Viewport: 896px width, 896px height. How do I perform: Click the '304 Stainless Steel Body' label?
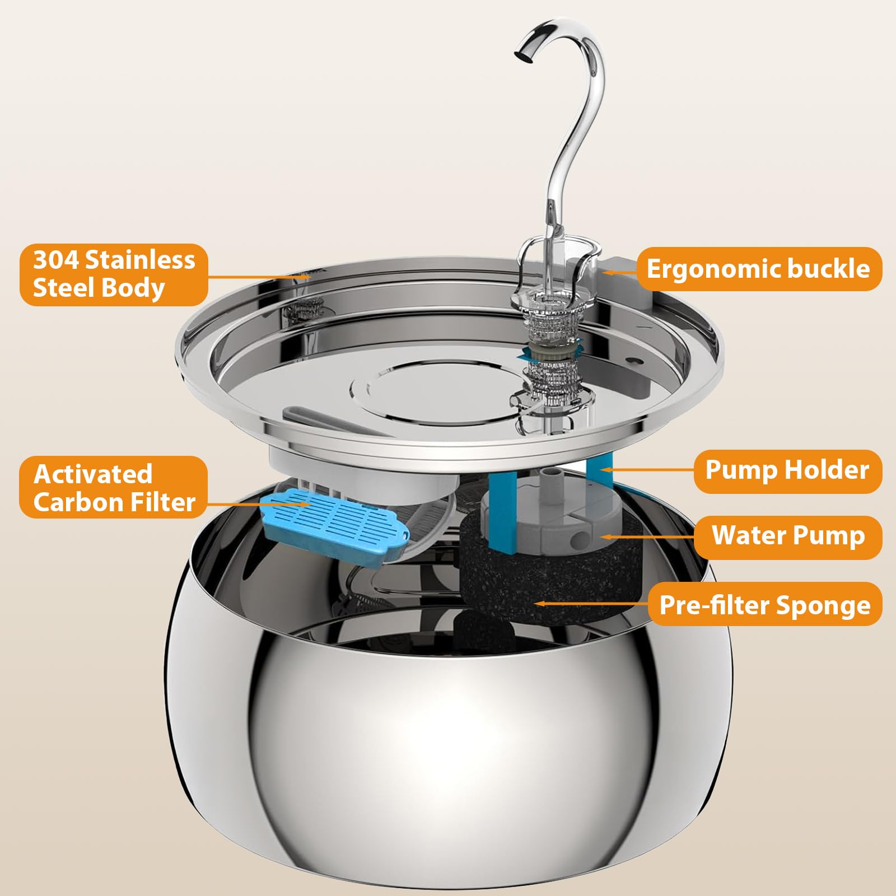pyautogui.click(x=114, y=274)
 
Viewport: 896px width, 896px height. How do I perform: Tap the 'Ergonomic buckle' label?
pyautogui.click(x=758, y=269)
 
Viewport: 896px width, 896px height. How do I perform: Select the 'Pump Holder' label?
pyautogui.click(x=787, y=470)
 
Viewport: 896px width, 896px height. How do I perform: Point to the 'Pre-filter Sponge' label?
pyautogui.click(x=764, y=605)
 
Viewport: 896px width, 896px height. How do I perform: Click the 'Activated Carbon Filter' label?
pyautogui.click(x=114, y=487)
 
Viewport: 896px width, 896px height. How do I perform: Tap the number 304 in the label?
pyautogui.click(x=55, y=260)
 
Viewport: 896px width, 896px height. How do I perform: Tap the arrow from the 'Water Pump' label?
pyautogui.click(x=647, y=536)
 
